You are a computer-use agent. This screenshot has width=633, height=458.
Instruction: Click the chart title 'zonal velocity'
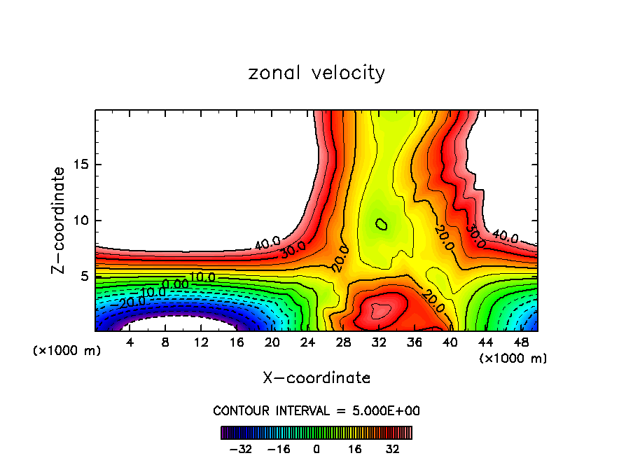point(316,73)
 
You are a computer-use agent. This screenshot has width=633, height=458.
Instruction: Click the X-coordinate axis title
point(316,378)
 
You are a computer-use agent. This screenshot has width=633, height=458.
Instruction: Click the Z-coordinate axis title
point(59,220)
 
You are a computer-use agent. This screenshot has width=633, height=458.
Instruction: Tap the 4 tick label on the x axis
point(130,342)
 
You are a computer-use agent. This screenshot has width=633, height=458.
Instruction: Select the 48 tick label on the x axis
point(521,342)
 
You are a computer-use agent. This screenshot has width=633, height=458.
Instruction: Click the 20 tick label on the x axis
point(272,342)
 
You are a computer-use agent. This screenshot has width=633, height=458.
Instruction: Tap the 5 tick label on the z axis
point(84,277)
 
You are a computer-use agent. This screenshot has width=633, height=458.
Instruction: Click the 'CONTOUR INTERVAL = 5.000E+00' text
point(316,410)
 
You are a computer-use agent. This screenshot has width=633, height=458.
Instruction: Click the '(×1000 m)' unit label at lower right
point(513,359)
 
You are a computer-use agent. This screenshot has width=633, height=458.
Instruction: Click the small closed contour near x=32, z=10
point(381,224)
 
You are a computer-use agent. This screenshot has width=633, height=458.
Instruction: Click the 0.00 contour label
point(175,284)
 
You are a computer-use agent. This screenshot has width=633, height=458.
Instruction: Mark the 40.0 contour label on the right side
point(504,237)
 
